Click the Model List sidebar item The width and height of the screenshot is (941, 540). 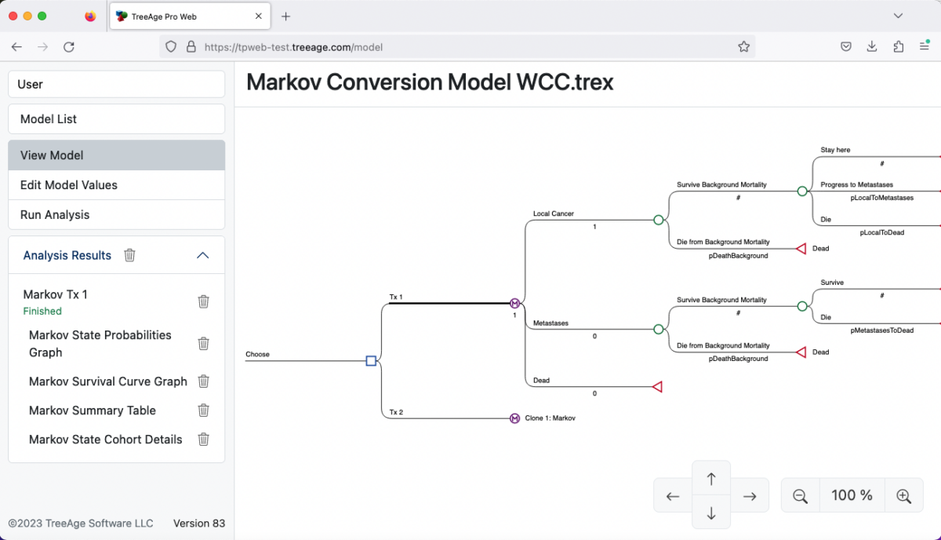[x=116, y=119]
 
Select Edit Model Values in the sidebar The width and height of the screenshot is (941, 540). [x=116, y=185]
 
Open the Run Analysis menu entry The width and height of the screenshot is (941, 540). [x=116, y=215]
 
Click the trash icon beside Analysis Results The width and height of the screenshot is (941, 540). [x=130, y=255]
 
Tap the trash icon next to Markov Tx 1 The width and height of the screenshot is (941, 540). [x=203, y=301]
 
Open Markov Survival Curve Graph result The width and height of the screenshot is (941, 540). [x=107, y=381]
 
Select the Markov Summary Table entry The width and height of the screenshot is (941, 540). [x=93, y=410]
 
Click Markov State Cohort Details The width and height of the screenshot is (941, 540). [x=105, y=440]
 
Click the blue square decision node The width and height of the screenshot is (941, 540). [x=371, y=361]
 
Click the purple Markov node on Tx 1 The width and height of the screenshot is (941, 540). [x=515, y=304]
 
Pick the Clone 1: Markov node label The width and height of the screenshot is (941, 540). [x=550, y=418]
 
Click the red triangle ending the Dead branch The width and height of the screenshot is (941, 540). [x=657, y=387]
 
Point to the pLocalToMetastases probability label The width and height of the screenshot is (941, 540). [x=881, y=198]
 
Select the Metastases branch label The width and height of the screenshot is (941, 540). [x=550, y=323]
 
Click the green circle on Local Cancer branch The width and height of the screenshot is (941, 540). [x=659, y=221]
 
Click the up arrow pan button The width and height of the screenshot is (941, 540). [x=711, y=479]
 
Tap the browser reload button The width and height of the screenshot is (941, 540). [x=69, y=47]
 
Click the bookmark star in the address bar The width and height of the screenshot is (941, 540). [x=743, y=47]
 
